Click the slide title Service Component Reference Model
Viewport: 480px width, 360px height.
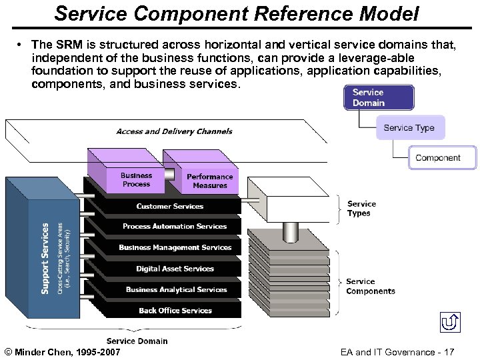coord(237,13)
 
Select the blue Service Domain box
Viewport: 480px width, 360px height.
coord(378,97)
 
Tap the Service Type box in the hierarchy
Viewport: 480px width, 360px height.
coord(409,127)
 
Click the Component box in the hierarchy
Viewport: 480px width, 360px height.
coord(438,158)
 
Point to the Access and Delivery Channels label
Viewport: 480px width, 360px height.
coord(174,131)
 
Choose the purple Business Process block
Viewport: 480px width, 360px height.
coord(136,179)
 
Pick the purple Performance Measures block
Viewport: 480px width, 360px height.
coord(209,181)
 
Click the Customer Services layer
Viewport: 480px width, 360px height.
coord(169,206)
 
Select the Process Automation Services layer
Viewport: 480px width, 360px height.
coord(175,227)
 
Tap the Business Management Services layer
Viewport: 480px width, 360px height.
coord(175,247)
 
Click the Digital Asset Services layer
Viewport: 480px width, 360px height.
coord(175,269)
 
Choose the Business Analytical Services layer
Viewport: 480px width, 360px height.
coord(176,289)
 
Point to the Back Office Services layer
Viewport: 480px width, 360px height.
coord(175,310)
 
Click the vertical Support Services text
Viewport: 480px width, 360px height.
coord(45,258)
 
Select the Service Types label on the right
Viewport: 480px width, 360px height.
coord(361,209)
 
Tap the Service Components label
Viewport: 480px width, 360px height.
coord(370,286)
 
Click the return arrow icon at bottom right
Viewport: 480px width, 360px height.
coord(450,323)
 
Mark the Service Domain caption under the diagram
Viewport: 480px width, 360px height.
coord(137,341)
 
